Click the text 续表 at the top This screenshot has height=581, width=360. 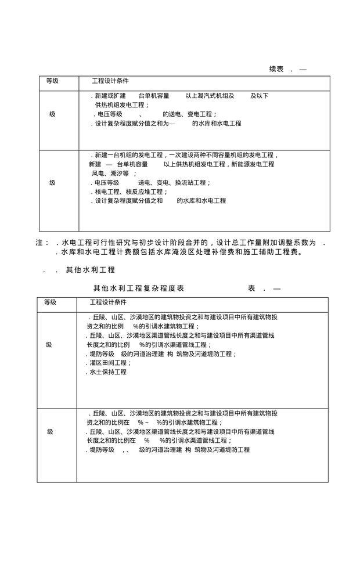pyautogui.click(x=276, y=69)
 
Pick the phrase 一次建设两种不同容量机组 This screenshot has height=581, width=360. pyautogui.click(x=206, y=156)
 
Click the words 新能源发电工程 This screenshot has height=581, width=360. pyautogui.click(x=253, y=165)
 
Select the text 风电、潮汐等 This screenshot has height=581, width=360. pyautogui.click(x=110, y=174)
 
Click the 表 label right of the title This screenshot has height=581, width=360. pyautogui.click(x=253, y=288)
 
